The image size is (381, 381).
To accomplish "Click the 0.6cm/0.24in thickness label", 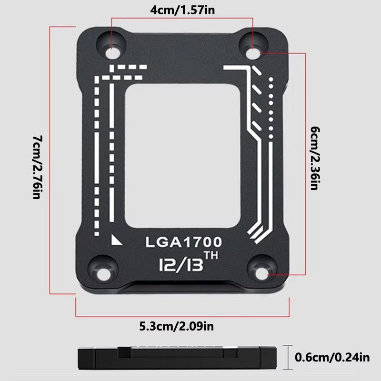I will point(332,356).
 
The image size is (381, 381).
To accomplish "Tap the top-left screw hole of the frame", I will point(111,48).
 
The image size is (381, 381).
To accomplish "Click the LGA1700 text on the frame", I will point(184,242).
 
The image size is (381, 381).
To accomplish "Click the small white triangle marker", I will point(114,239).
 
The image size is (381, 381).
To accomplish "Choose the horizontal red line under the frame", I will point(182,315).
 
